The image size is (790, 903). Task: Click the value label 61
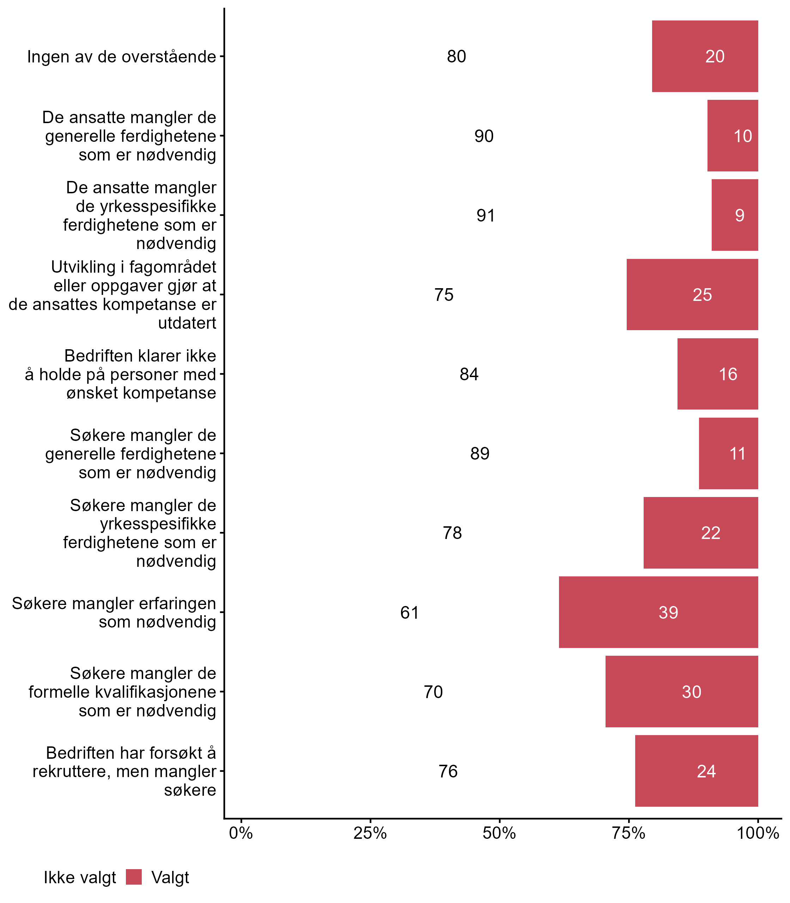(x=409, y=612)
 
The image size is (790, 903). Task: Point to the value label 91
(x=485, y=216)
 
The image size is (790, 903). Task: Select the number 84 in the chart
(x=469, y=374)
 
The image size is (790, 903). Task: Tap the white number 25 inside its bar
(x=702, y=295)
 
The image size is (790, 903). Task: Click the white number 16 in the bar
(x=728, y=374)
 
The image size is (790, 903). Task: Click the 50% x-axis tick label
(x=499, y=833)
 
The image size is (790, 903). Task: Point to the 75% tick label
(x=628, y=833)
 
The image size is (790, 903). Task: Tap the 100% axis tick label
(x=758, y=833)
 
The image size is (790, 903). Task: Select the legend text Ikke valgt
(x=80, y=878)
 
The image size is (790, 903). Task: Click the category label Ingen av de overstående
(x=122, y=57)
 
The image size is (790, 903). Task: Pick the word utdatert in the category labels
(x=187, y=323)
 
